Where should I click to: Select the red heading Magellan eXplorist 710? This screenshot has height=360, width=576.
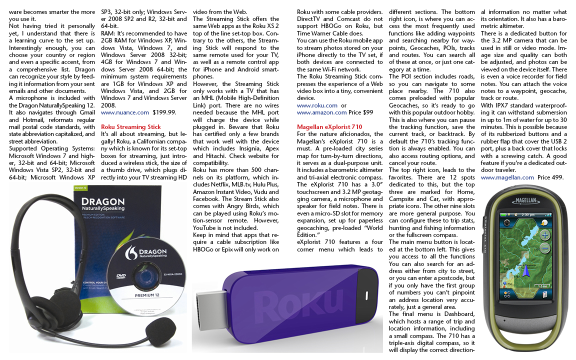(x=329, y=127)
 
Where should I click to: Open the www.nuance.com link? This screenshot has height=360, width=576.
(x=125, y=113)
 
